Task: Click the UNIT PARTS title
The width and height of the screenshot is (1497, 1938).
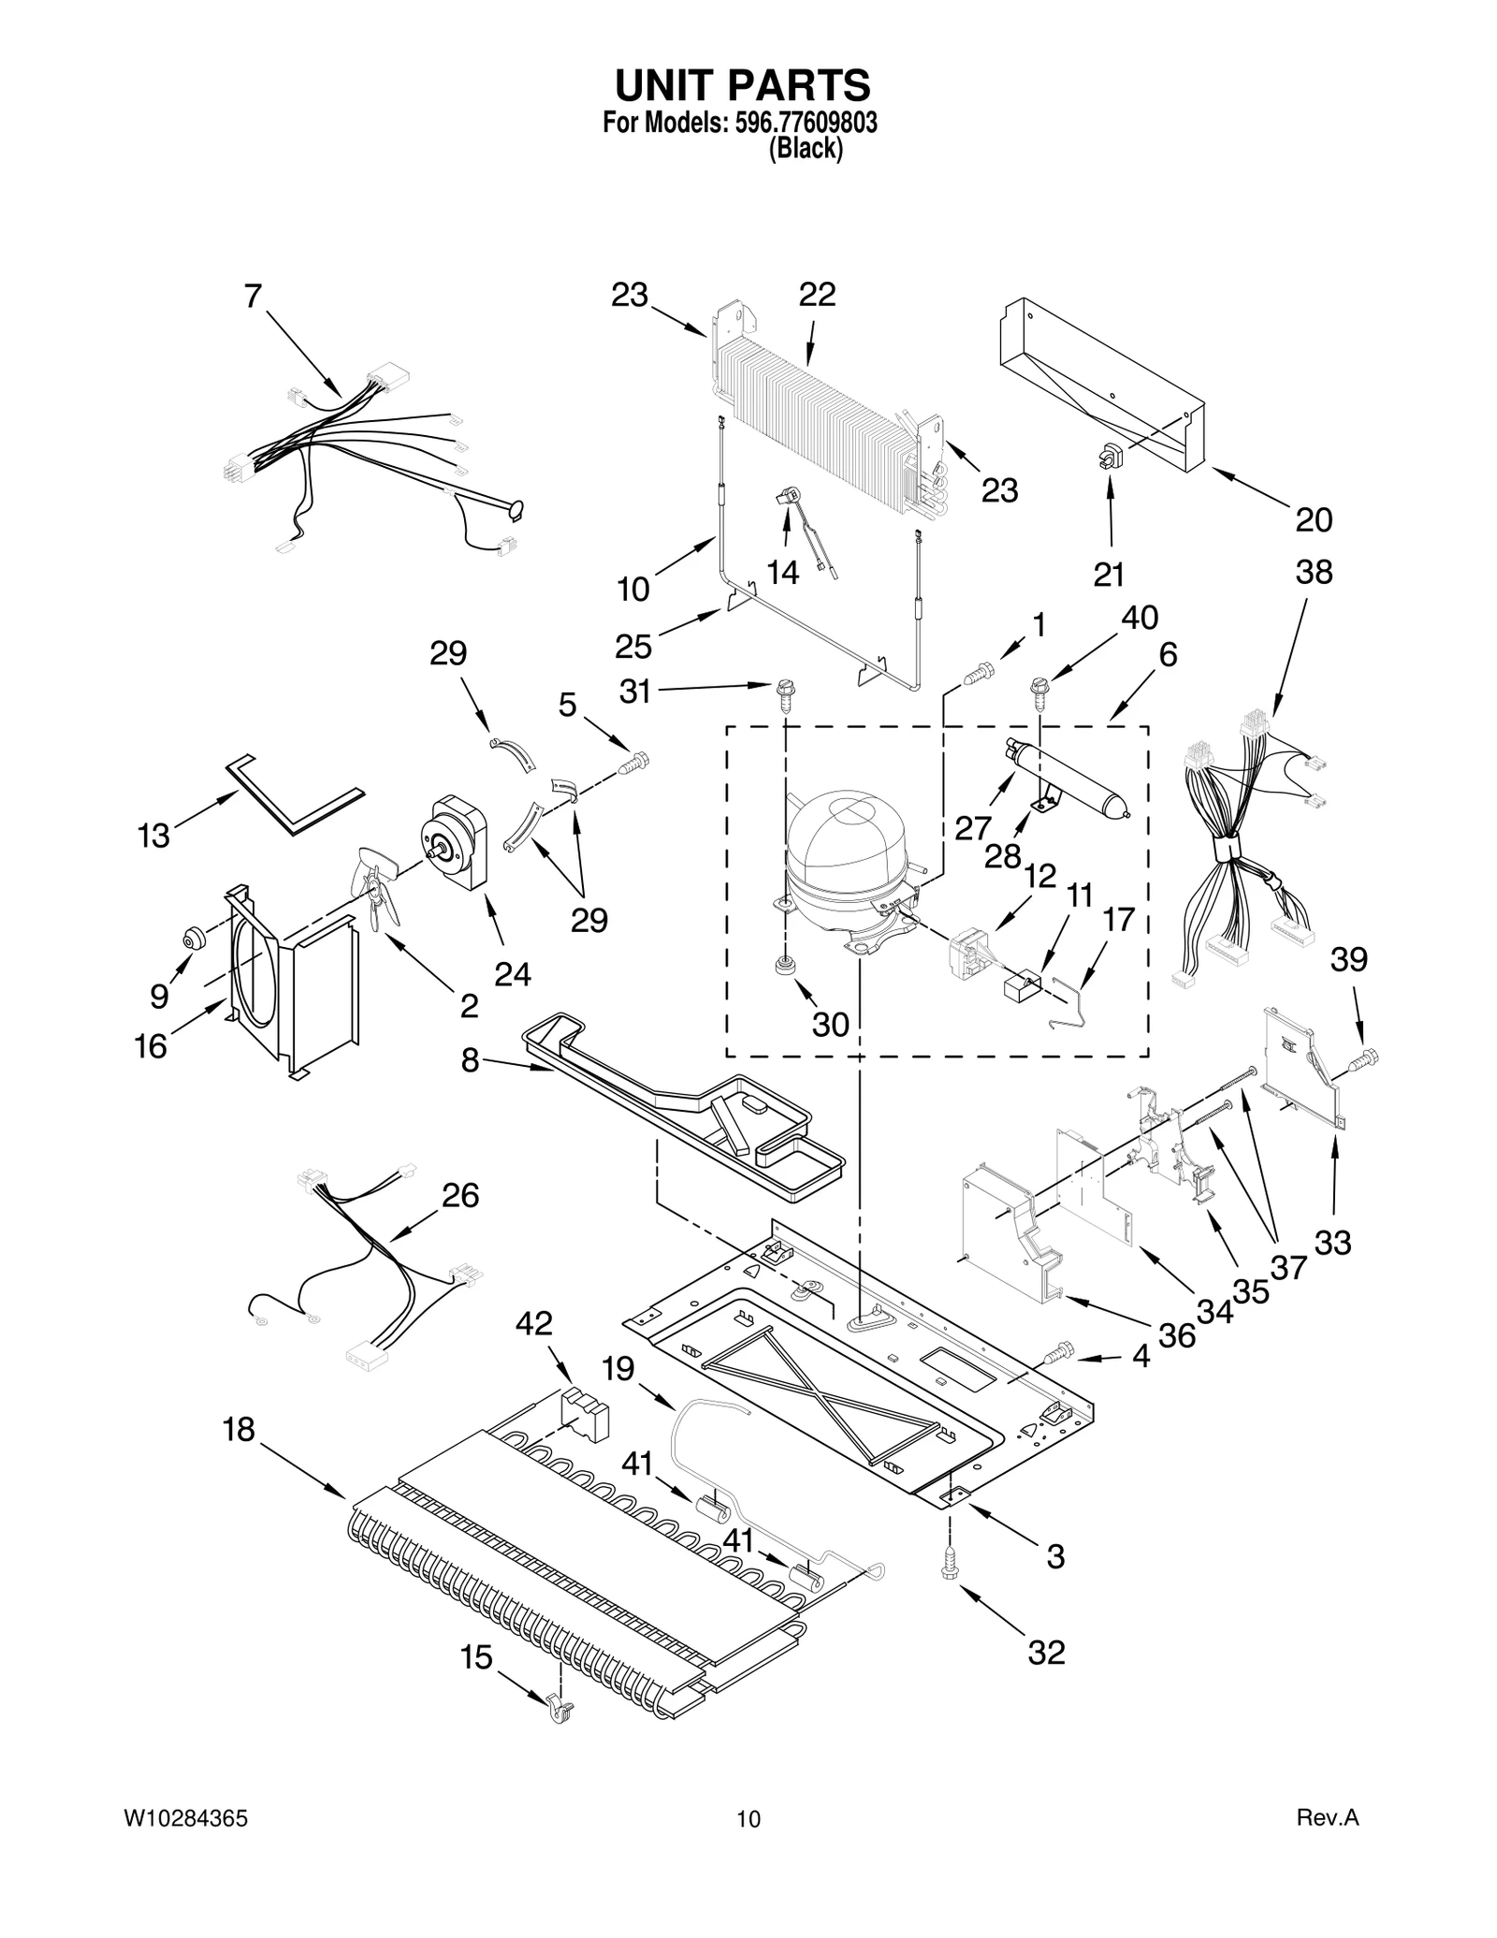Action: click(742, 85)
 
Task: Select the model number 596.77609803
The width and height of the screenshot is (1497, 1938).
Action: click(802, 123)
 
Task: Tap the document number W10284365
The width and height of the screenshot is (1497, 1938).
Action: click(186, 1818)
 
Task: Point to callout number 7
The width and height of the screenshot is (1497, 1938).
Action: click(253, 297)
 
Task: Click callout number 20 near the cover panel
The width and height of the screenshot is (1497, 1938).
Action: click(1314, 519)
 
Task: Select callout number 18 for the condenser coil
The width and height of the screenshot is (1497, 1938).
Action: click(240, 1429)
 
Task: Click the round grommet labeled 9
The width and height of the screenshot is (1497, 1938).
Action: click(195, 936)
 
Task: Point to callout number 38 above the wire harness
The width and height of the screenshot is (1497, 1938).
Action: click(1314, 572)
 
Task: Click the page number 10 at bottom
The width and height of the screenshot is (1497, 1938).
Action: click(748, 1819)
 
